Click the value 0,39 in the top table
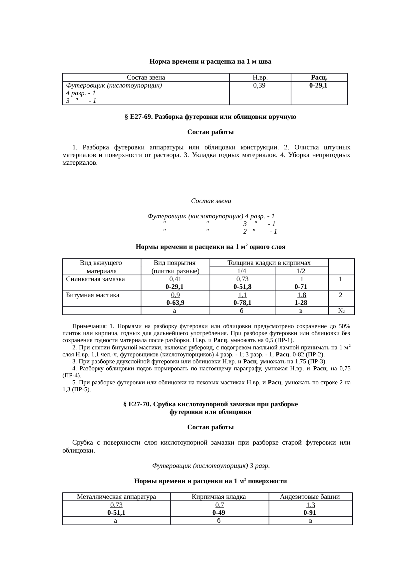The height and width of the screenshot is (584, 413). [259, 86]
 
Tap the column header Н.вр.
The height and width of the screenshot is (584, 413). [260, 78]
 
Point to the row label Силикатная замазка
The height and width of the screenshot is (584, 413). [95, 279]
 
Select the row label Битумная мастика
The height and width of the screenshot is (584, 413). [92, 295]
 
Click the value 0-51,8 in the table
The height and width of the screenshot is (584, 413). [242, 287]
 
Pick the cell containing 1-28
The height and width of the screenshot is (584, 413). [301, 303]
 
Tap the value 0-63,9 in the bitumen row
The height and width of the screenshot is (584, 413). [175, 303]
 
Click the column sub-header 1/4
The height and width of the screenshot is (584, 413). [242, 271]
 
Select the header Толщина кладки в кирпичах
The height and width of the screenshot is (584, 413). [269, 263]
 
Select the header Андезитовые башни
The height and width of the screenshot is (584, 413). [310, 497]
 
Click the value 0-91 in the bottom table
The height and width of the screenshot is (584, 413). [310, 513]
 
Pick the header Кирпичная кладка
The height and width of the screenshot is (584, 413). [219, 497]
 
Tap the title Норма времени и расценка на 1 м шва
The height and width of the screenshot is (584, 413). [210, 62]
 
